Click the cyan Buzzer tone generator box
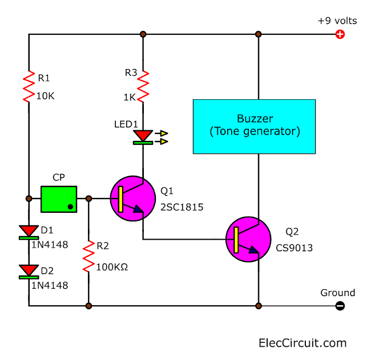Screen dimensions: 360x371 254,126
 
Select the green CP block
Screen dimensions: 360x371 59,199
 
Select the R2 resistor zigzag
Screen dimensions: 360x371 88,256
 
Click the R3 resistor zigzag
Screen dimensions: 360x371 143,85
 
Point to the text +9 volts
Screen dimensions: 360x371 337,21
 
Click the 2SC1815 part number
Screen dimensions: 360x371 182,207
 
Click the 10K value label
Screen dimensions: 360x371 45,96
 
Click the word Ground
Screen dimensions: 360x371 337,293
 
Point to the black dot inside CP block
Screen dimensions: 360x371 70,207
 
